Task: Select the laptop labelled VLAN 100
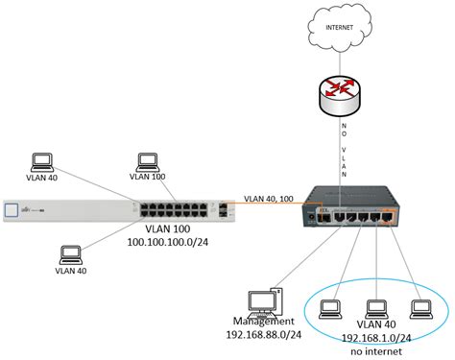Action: point(146,161)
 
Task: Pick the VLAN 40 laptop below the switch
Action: point(70,255)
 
